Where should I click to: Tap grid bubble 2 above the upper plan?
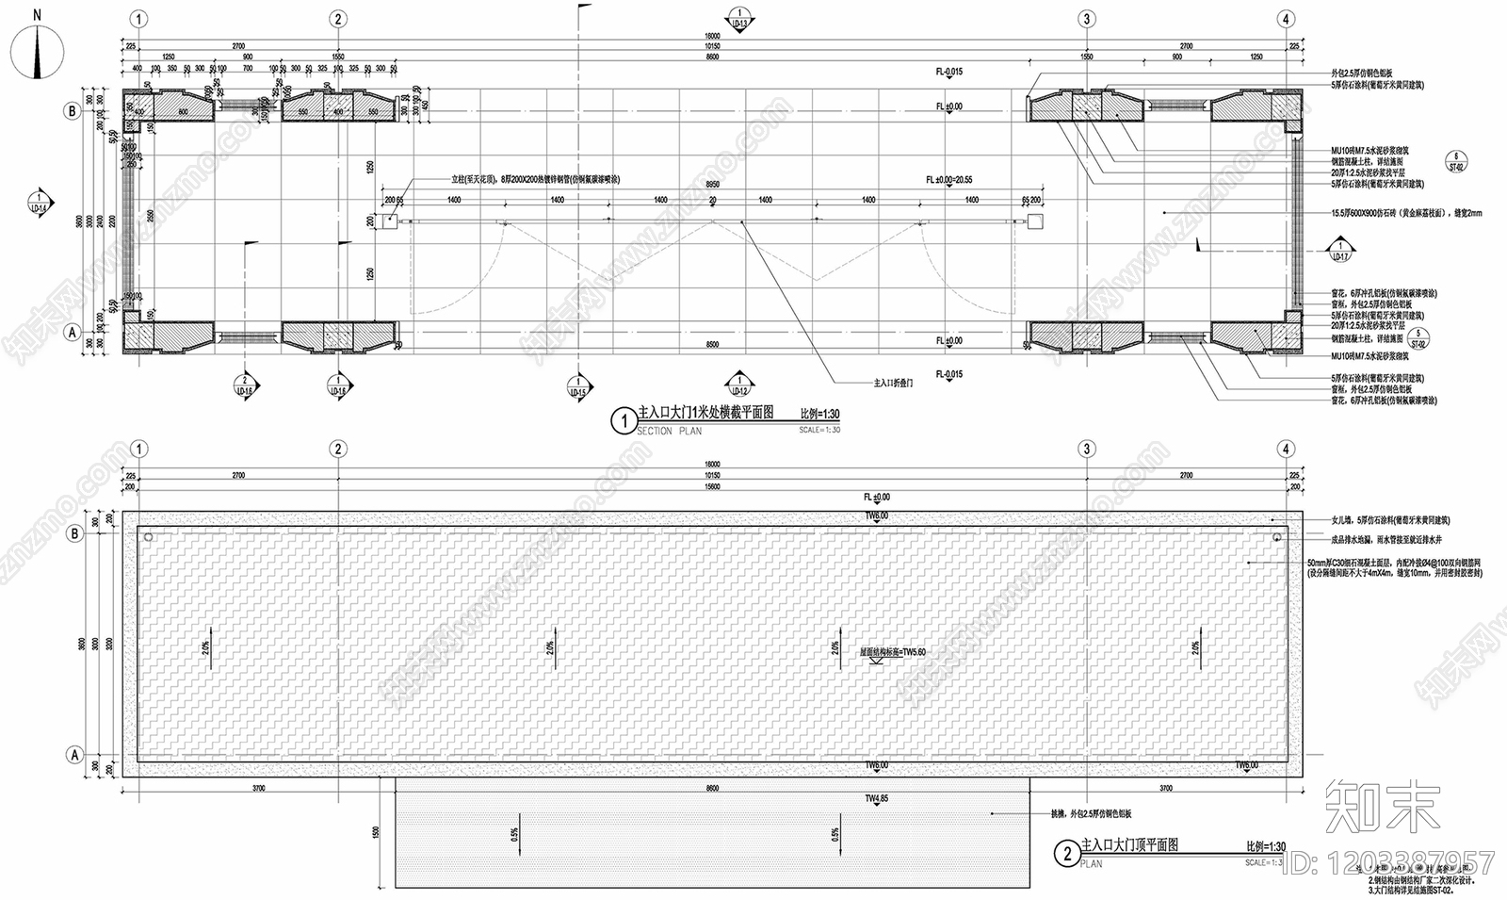click(338, 19)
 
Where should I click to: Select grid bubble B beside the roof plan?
click(73, 533)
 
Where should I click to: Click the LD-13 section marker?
click(739, 19)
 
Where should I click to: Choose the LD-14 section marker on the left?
click(39, 205)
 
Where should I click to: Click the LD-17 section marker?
click(1340, 251)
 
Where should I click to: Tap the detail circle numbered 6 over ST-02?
click(1456, 160)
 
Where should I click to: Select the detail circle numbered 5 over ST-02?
click(1421, 336)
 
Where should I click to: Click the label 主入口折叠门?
click(892, 384)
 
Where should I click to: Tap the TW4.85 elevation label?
click(876, 799)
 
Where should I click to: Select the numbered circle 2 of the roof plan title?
click(1066, 854)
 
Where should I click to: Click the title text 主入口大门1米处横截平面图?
click(705, 414)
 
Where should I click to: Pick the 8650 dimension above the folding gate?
click(713, 185)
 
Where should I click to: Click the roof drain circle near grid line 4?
click(1276, 537)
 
